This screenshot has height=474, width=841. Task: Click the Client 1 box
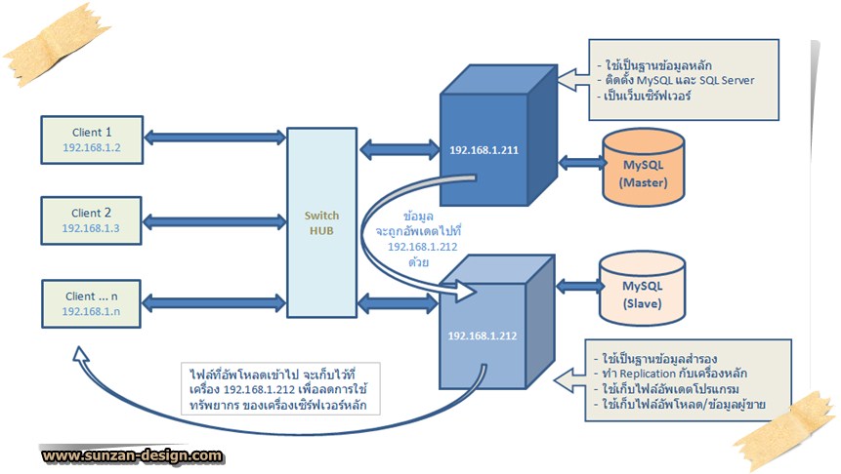coord(93,139)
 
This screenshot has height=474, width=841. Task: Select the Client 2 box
coord(93,219)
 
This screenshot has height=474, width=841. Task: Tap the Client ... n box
coord(93,302)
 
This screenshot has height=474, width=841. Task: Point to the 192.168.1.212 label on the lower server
coord(482,336)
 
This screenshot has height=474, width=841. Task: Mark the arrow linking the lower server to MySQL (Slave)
coord(578,286)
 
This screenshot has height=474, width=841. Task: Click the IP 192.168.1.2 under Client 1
coord(93,149)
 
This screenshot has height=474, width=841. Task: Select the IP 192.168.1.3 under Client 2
coord(93,228)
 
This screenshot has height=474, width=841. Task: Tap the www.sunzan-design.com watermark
coord(132,454)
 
